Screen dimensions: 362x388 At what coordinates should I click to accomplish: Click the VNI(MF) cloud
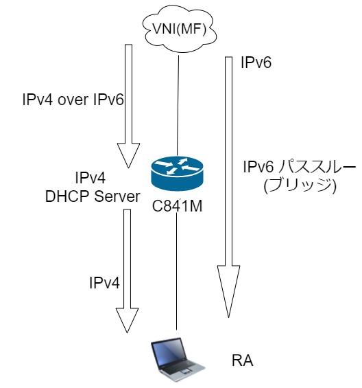180,30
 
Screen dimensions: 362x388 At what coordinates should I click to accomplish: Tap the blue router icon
177,174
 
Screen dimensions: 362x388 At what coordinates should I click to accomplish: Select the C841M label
177,206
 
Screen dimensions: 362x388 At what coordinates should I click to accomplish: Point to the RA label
243,361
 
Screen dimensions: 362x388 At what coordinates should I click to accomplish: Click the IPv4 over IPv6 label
73,100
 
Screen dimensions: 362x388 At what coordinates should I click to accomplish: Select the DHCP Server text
93,196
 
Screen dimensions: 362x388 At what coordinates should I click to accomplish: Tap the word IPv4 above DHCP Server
90,178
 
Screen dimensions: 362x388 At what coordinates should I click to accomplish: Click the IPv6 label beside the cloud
256,62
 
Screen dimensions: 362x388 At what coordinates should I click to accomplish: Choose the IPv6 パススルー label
299,167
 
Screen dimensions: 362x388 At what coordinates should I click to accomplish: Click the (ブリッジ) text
300,186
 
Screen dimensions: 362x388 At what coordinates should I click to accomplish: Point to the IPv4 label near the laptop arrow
104,282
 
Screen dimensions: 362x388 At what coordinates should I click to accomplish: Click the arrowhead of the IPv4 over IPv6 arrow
128,155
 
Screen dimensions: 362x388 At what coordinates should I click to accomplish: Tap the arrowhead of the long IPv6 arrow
228,291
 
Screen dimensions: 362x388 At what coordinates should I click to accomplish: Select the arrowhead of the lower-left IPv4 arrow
127,320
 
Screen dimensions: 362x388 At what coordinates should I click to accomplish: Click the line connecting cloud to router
178,106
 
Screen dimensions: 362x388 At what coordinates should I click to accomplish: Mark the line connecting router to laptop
176,271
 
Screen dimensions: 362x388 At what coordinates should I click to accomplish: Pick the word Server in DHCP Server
117,196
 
